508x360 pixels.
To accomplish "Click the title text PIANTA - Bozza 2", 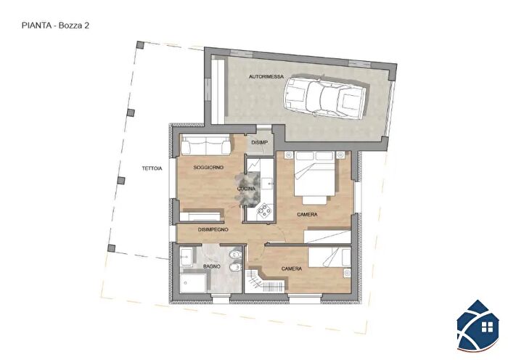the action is tap(55, 25).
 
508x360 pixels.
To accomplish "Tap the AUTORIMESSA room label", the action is tap(266, 77).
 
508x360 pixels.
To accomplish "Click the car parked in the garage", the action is tap(325, 95).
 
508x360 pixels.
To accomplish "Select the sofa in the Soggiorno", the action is tap(205, 144).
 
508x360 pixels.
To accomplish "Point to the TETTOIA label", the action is tap(152, 168).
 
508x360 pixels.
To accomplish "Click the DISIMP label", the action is tap(260, 142).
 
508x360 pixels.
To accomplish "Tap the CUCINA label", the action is tap(246, 189).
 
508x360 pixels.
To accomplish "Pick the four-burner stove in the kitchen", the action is tap(265, 210).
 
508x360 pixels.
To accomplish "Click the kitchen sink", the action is tap(268, 184).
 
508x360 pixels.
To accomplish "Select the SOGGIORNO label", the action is tap(208, 168).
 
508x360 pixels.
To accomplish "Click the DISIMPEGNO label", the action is tap(213, 230).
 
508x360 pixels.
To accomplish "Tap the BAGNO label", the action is tap(212, 266).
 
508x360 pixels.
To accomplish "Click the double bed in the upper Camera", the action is tap(314, 177).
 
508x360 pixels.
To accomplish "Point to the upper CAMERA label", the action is tap(307, 215).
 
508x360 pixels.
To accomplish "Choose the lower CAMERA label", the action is tap(292, 269).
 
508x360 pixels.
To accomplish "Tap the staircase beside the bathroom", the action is tap(265, 281).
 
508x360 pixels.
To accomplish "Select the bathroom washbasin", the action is tap(186, 256).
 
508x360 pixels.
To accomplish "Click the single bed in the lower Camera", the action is tap(329, 257).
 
